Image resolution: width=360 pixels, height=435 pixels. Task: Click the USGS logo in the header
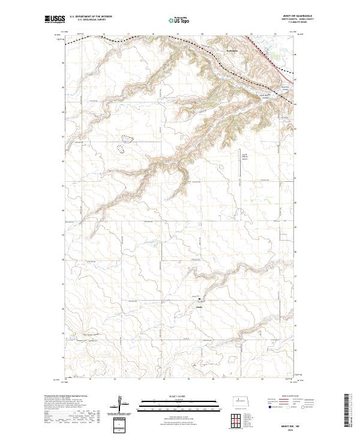[54, 19]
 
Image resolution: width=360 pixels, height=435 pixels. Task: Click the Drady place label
[200, 308]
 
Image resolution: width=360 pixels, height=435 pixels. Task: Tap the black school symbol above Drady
[200, 298]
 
